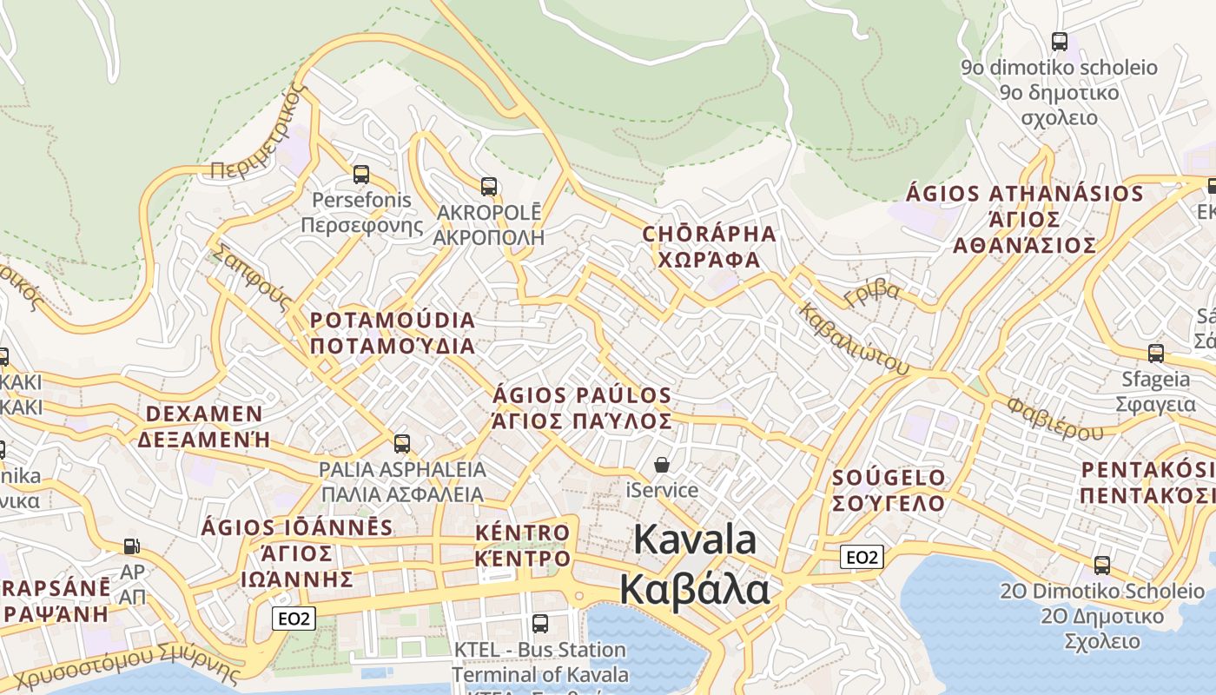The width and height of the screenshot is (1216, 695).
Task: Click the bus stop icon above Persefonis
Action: [360, 174]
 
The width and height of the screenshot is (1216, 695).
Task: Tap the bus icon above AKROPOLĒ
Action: [489, 186]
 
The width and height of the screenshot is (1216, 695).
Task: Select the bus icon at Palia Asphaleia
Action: [401, 444]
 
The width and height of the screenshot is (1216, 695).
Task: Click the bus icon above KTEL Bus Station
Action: [539, 623]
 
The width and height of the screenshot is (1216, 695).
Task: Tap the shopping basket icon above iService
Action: [662, 465]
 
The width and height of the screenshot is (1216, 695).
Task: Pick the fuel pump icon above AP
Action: [131, 546]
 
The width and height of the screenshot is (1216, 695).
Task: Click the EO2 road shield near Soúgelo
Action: [862, 557]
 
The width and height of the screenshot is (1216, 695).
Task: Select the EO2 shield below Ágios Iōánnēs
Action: [294, 619]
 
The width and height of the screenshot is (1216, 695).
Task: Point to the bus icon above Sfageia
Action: [1155, 354]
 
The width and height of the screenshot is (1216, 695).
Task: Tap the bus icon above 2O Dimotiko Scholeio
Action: [1101, 566]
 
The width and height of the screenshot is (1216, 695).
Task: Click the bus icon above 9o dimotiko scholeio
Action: [1059, 41]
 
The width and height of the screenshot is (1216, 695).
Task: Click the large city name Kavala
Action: [695, 539]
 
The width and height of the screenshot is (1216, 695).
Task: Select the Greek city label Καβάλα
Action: [694, 589]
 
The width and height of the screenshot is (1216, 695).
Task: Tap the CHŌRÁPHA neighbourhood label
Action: [709, 234]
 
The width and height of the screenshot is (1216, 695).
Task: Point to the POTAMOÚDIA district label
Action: [393, 321]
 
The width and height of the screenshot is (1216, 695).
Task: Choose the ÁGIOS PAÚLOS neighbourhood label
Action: [582, 396]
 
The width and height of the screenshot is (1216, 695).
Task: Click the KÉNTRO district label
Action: [523, 533]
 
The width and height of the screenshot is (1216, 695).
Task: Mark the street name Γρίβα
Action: [871, 293]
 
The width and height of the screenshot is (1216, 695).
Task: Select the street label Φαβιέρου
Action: [1055, 419]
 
